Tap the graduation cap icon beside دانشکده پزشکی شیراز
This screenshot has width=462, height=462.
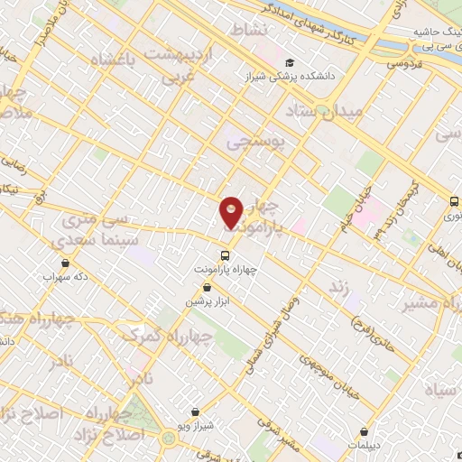tap(290, 62)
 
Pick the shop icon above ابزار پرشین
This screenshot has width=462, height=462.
tap(208, 288)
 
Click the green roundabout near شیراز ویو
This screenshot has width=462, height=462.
tap(171, 439)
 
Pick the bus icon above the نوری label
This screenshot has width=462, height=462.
tap(455, 202)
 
